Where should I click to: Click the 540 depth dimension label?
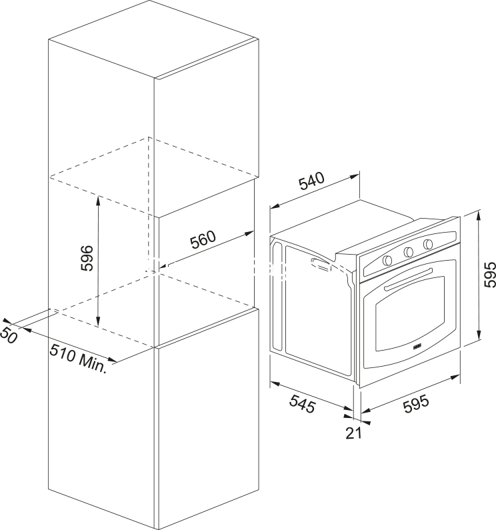pyautogui.click(x=311, y=181)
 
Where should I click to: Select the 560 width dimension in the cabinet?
pyautogui.click(x=203, y=239)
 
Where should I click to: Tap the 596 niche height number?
pyautogui.click(x=86, y=258)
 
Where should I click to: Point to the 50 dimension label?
pyautogui.click(x=8, y=335)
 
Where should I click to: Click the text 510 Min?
pyautogui.click(x=79, y=358)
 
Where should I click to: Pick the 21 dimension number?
pyautogui.click(x=353, y=433)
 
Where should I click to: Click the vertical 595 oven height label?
pyautogui.click(x=489, y=275)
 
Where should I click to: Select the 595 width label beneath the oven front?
pyautogui.click(x=416, y=404)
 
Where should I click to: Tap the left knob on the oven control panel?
pyautogui.click(x=387, y=260)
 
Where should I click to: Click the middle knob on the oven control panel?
pyautogui.click(x=408, y=251)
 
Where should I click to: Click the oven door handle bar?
pyautogui.click(x=408, y=279)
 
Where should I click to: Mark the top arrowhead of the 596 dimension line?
pyautogui.click(x=98, y=200)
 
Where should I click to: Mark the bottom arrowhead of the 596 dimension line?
pyautogui.click(x=98, y=323)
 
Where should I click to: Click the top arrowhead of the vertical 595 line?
pyautogui.click(x=479, y=215)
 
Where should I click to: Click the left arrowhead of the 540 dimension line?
pyautogui.click(x=274, y=206)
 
